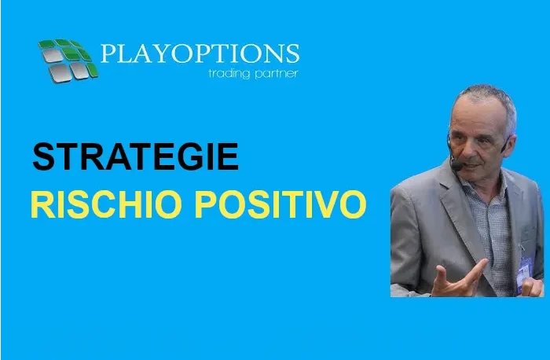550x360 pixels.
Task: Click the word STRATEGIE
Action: [x=136, y=156]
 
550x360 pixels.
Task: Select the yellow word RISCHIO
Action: [x=106, y=204]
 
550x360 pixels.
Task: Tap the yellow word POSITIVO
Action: [x=280, y=204]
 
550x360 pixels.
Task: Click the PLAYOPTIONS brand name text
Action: [x=200, y=53]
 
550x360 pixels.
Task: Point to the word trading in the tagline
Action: [x=229, y=73]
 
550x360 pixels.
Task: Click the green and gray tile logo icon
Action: [x=68, y=61]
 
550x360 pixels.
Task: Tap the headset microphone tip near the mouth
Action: [x=456, y=165]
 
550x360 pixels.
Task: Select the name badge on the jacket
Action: [x=523, y=274]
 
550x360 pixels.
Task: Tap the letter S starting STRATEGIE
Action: [x=44, y=156]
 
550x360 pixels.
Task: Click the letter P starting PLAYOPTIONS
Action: [x=108, y=53]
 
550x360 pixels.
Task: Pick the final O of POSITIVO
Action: [x=353, y=204]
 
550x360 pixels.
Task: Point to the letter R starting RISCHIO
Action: [x=42, y=204]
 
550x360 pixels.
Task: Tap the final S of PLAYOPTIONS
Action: [x=293, y=53]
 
